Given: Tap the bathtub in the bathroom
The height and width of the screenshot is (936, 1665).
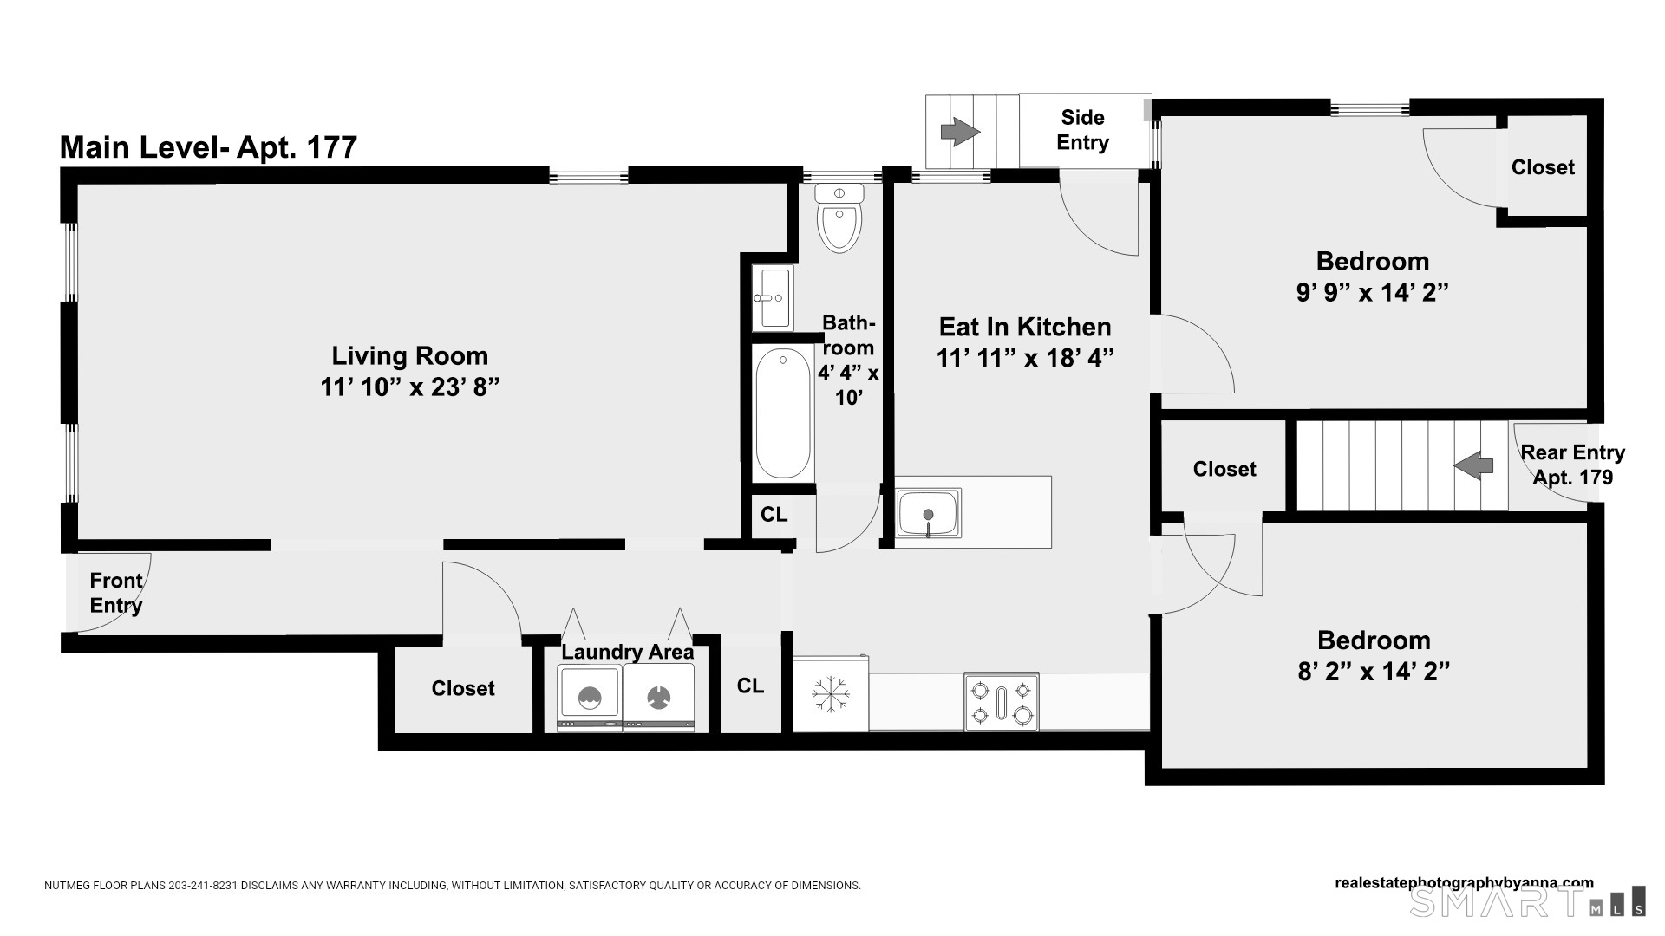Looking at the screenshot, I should click(x=782, y=413).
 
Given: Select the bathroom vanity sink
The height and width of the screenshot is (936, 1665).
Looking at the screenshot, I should click(x=772, y=298).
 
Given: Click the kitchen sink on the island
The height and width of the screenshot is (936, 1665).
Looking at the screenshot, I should click(x=928, y=513).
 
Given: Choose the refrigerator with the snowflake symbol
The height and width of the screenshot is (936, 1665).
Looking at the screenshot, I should click(x=831, y=694).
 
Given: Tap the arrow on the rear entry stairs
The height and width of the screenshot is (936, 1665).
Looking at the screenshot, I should click(x=1473, y=465).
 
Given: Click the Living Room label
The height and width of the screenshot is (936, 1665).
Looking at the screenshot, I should click(x=409, y=356).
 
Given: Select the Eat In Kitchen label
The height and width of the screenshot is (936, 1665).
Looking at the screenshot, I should click(x=1025, y=328).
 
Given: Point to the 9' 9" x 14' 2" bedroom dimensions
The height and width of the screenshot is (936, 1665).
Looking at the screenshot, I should click(x=1372, y=293).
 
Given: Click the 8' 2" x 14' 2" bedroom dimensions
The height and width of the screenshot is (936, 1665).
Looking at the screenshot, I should click(x=1374, y=672).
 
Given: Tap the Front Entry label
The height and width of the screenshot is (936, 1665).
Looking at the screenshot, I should click(x=116, y=593).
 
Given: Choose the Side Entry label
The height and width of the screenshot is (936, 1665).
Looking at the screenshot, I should click(x=1082, y=130).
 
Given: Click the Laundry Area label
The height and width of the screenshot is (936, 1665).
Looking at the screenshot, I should click(x=627, y=652).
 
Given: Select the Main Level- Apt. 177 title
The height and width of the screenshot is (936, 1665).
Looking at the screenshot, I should click(x=208, y=147).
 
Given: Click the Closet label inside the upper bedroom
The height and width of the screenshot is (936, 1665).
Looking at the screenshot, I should click(x=1543, y=167).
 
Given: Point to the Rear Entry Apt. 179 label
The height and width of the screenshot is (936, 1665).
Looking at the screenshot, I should click(x=1572, y=465).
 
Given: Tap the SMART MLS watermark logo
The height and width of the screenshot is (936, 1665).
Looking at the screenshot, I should click(x=1526, y=902).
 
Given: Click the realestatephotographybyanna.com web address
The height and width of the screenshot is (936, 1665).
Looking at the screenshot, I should click(x=1464, y=883).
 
